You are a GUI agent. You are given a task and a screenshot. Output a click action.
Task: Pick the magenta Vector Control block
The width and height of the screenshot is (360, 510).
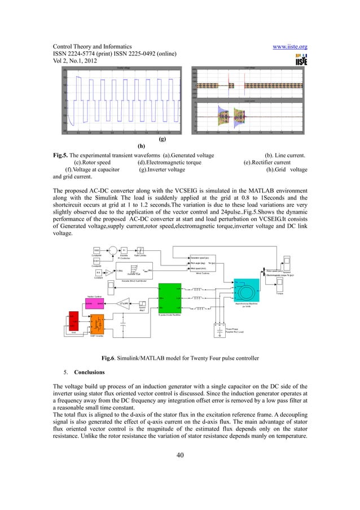click(95, 303)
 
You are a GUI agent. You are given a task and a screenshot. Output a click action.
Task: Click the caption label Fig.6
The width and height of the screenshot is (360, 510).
click(108, 358)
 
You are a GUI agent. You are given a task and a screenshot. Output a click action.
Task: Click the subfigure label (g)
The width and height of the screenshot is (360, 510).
click(162, 138)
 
